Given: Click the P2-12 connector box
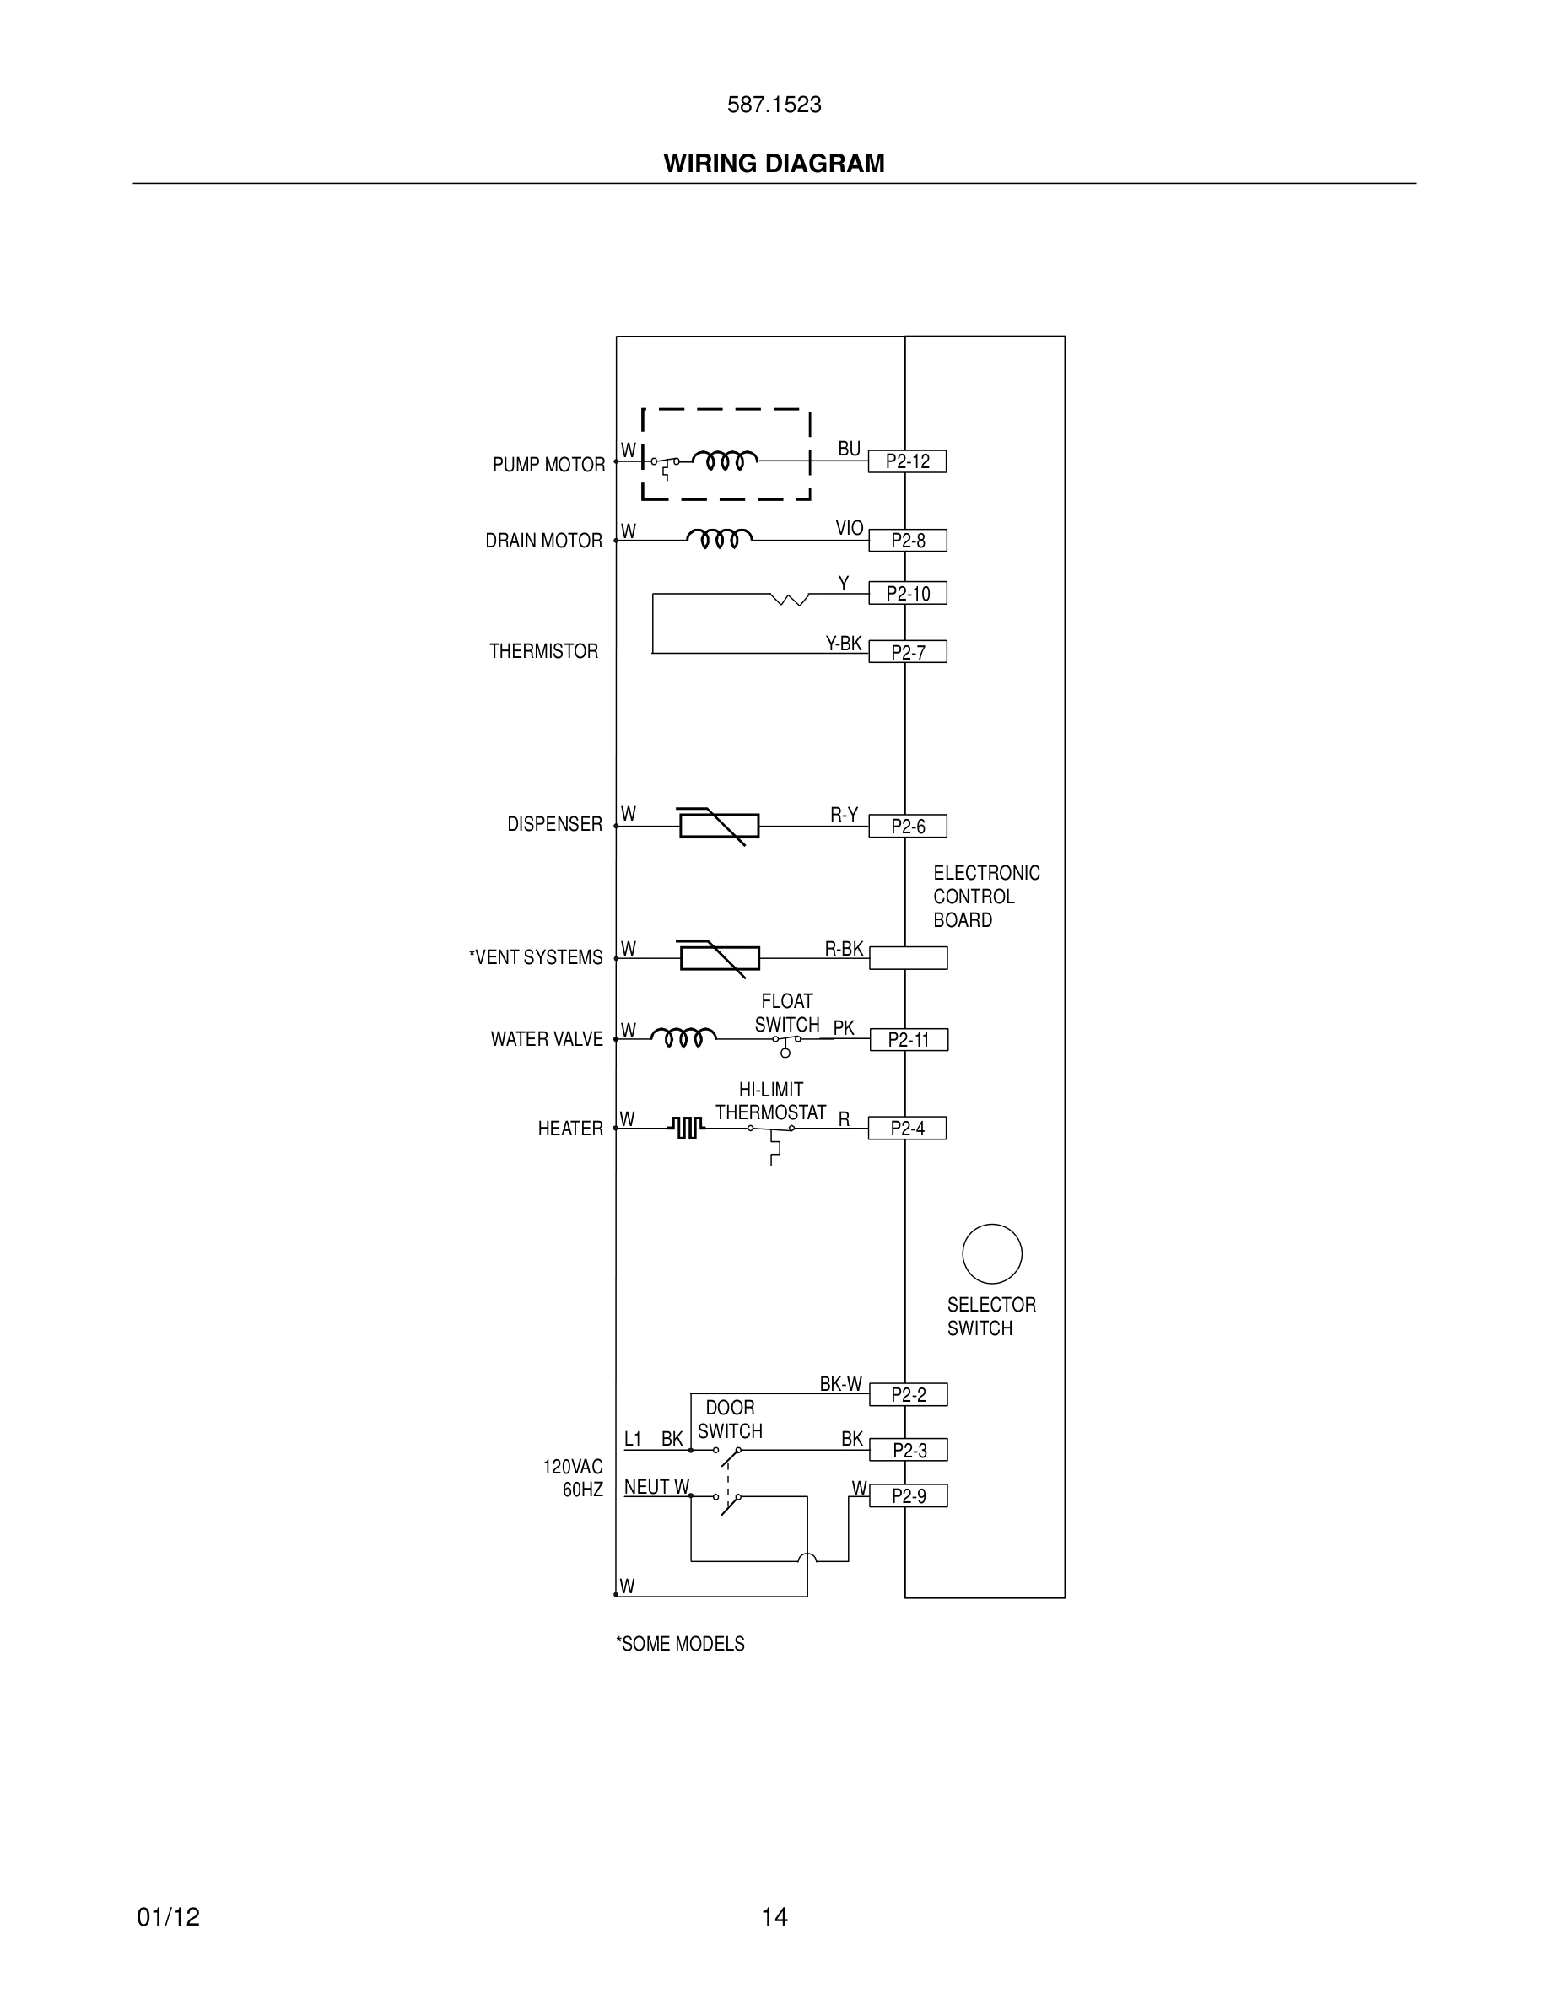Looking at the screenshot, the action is [907, 461].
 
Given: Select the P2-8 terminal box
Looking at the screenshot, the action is [907, 541].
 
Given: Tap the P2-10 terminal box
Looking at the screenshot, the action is [907, 594].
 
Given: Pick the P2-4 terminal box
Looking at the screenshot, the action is [907, 1129].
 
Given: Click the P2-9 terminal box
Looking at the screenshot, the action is [908, 1496].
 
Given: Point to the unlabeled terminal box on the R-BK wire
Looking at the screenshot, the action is [908, 958].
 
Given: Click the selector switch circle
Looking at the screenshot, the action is [992, 1253].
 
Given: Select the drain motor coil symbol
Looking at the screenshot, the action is [720, 538].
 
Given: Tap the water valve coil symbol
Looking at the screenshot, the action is [683, 1037].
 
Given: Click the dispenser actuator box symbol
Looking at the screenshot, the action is [719, 826].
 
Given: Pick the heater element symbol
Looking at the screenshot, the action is [688, 1128].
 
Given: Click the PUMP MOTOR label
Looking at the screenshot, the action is [548, 466].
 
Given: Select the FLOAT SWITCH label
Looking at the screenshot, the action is [786, 1013].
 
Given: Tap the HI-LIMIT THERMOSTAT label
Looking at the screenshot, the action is [771, 1101].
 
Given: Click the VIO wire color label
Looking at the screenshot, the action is [849, 529].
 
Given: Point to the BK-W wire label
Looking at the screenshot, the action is [840, 1385].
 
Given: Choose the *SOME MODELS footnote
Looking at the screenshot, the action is [680, 1645].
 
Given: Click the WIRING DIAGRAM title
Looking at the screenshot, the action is [774, 164].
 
